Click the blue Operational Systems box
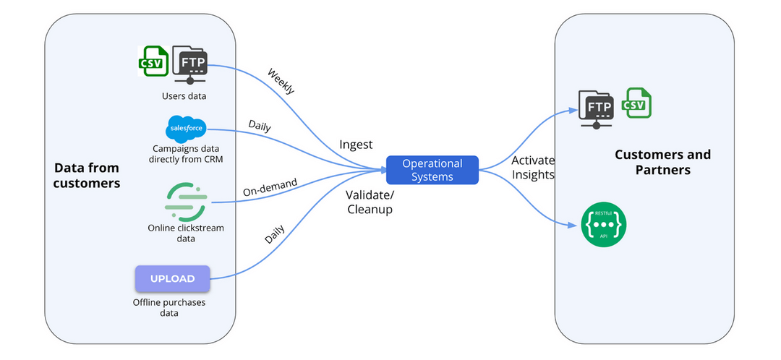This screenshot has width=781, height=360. tap(432, 170)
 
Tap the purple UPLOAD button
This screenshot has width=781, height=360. tap(172, 279)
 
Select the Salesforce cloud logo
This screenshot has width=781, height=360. tap(186, 129)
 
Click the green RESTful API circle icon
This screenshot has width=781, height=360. tap(603, 225)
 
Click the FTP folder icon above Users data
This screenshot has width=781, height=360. tap(190, 64)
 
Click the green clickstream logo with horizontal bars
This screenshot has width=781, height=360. tap(186, 201)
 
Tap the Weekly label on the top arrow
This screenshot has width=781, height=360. tap(281, 81)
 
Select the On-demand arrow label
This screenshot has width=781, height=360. tap(270, 187)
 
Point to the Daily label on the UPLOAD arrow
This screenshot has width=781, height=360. tap(274, 235)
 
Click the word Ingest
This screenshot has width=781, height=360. tap(356, 145)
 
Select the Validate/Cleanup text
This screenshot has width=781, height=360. tap(371, 202)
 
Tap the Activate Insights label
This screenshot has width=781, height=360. tap(532, 167)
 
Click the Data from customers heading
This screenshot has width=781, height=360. tap(87, 176)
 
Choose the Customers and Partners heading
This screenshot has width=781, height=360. tap(662, 162)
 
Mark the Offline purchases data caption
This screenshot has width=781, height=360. tap(168, 307)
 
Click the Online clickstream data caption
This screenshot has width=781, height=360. tap(186, 233)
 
